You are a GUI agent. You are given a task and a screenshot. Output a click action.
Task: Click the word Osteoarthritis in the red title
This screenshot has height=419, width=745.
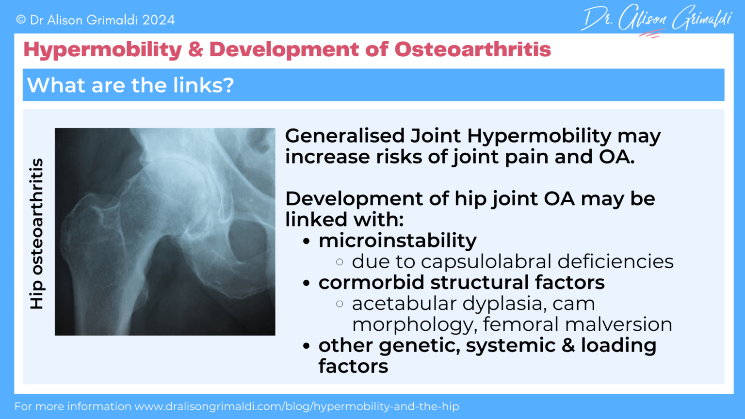tap(472, 49)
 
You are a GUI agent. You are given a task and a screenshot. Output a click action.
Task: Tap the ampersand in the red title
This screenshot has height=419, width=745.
tap(195, 49)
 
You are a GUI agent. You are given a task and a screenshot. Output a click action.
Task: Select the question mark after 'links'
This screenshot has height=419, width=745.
tap(228, 85)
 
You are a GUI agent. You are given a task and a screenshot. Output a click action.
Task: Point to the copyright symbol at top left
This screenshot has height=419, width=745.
tap(20, 20)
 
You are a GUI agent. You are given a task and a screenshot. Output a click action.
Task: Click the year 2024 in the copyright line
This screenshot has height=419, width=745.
tap(158, 20)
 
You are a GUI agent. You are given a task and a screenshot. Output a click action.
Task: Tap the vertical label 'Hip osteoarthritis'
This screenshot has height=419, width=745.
tap(37, 233)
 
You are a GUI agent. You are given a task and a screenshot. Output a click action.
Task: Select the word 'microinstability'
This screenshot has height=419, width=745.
tap(397, 241)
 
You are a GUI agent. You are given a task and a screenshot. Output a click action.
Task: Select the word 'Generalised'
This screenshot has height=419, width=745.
tap(345, 136)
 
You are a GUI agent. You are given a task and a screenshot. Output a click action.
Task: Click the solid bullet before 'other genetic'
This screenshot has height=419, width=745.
tap(306, 346)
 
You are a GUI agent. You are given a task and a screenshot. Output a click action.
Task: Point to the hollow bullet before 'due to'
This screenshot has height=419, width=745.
tap(340, 262)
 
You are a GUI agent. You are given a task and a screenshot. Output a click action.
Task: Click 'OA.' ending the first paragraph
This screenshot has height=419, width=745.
tap(616, 157)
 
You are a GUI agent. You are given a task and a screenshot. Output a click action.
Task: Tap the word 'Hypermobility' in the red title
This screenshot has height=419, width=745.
tap(102, 49)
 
